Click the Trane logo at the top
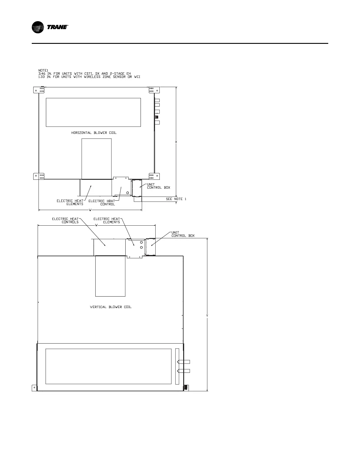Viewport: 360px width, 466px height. tap(50, 27)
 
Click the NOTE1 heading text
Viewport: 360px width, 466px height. tap(43, 70)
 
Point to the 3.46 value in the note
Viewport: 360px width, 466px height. tap(42, 74)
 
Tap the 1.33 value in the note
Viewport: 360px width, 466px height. tap(42, 77)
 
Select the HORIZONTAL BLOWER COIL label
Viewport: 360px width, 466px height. tap(94, 133)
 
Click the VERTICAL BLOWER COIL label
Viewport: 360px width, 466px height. tap(111, 307)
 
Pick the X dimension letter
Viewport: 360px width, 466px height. tap(176, 142)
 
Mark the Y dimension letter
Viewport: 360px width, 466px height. tap(207, 316)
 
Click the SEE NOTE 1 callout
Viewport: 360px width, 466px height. tap(176, 199)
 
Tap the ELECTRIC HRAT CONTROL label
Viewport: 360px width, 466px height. tap(102, 203)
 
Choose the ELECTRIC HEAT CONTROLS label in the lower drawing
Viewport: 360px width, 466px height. tap(65, 220)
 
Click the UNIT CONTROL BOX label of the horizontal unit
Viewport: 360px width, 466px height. tap(158, 186)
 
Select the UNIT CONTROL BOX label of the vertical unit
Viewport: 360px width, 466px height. tap(183, 234)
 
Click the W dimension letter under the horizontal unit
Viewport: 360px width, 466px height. tap(90, 210)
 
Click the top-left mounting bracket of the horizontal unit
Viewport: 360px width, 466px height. tap(39, 90)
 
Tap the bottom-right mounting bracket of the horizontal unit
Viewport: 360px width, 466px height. tap(154, 176)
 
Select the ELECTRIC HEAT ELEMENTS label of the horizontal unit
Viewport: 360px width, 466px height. tap(70, 202)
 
